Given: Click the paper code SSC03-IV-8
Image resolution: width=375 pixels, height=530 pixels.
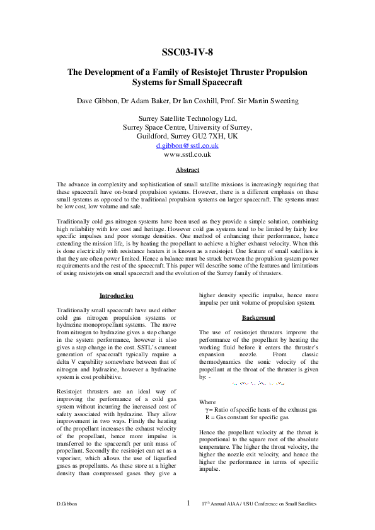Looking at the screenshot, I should click(x=187, y=52).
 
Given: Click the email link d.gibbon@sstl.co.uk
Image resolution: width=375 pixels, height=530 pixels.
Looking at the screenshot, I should click(x=187, y=145).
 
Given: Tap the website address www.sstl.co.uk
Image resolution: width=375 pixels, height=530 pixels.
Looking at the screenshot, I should click(x=187, y=154).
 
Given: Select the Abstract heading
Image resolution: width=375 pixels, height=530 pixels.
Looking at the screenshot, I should click(x=187, y=171).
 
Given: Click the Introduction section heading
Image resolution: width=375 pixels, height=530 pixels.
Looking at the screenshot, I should click(x=116, y=296).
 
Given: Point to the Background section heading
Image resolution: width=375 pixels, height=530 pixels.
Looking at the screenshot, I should click(x=258, y=318).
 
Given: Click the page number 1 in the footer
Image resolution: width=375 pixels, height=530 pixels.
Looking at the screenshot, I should click(x=187, y=503).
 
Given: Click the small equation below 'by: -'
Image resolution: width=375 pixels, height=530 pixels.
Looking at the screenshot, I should click(x=258, y=383).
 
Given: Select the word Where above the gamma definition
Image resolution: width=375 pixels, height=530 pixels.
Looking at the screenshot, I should click(x=207, y=402).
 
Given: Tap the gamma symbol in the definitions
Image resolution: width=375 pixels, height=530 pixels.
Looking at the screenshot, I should click(x=209, y=410).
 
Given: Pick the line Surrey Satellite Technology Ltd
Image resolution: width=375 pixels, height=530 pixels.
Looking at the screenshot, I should click(x=187, y=118).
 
